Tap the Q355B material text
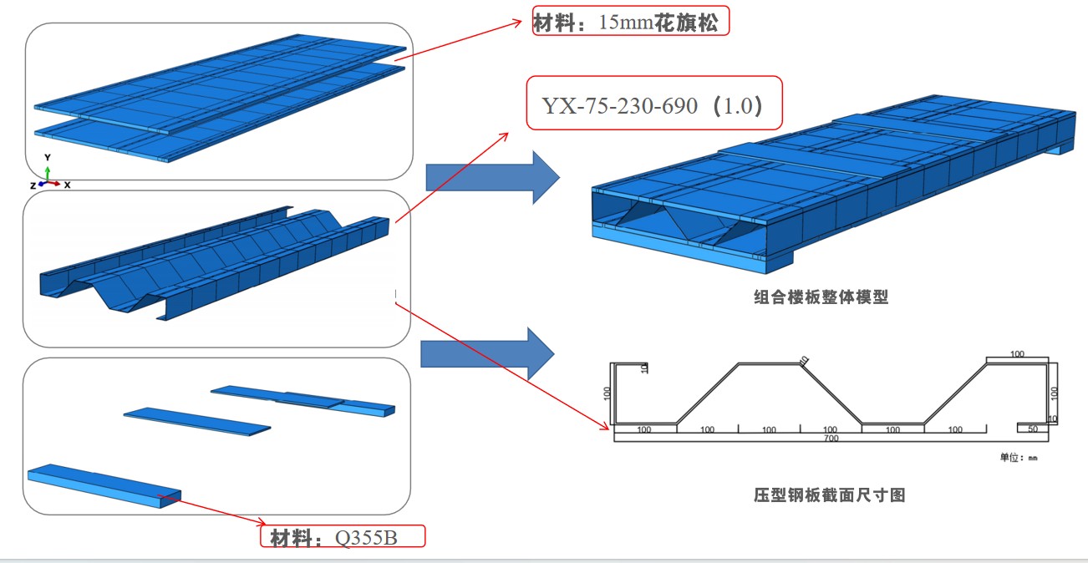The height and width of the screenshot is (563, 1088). pyautogui.click(x=367, y=538)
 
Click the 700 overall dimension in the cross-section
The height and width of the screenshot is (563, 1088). pyautogui.click(x=830, y=438)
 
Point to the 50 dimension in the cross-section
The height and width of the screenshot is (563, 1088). pyautogui.click(x=1033, y=429)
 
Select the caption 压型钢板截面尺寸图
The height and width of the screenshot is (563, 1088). pyautogui.click(x=829, y=495)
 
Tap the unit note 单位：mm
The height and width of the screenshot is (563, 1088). pyautogui.click(x=1019, y=457)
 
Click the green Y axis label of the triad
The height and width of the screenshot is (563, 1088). pyautogui.click(x=48, y=157)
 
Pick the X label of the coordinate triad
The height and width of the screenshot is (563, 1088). pyautogui.click(x=67, y=185)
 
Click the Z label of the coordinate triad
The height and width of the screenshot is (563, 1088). pyautogui.click(x=32, y=185)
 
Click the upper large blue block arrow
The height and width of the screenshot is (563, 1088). pyautogui.click(x=491, y=177)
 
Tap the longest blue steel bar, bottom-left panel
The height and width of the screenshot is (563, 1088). pyautogui.click(x=104, y=486)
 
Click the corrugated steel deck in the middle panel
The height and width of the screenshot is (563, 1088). pyautogui.click(x=217, y=259)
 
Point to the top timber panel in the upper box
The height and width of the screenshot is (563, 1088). pyautogui.click(x=217, y=79)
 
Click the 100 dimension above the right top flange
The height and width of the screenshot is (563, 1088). pyautogui.click(x=1017, y=354)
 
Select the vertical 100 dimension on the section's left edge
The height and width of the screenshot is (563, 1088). pyautogui.click(x=608, y=393)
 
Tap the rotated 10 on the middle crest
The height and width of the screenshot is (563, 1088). pyautogui.click(x=804, y=360)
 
